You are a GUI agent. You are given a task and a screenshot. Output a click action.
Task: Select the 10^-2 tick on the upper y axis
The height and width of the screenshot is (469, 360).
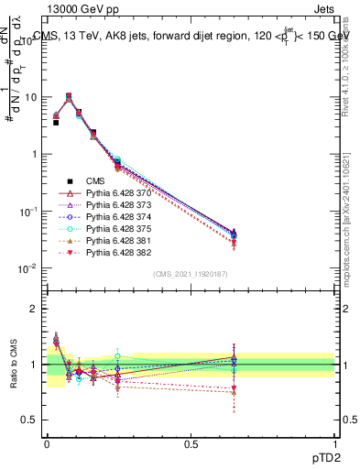click(30, 268)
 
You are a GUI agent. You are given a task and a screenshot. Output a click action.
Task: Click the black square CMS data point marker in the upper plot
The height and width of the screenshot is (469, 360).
click(56, 121)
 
